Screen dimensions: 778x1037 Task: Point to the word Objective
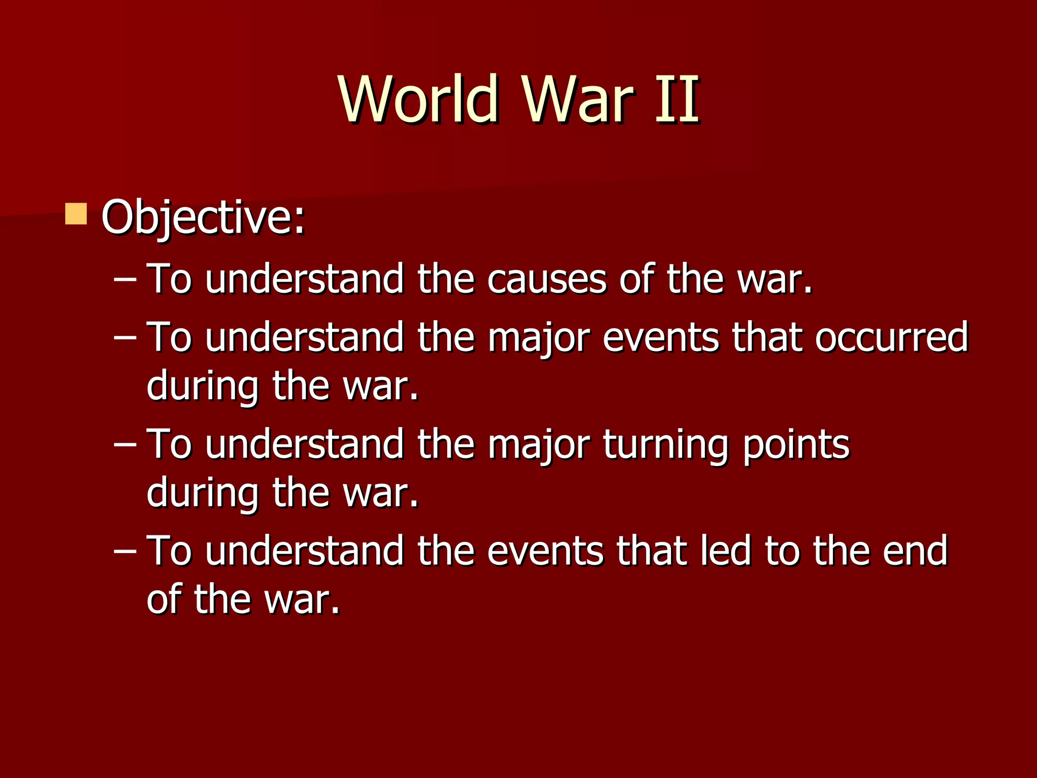pos(203,218)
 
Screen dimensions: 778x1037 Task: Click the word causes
pos(546,279)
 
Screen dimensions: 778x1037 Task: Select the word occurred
pos(891,337)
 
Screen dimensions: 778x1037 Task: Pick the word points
pos(796,445)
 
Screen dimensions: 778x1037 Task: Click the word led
pos(725,551)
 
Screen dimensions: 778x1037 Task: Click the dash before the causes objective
pos(125,280)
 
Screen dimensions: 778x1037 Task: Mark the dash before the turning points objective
pos(125,445)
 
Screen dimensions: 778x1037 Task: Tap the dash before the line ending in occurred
pos(125,338)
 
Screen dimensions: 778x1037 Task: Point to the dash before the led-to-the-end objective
pos(125,552)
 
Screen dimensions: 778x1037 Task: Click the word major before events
pos(539,338)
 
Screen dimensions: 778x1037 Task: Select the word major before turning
pos(539,445)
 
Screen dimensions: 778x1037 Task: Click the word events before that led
pos(545,552)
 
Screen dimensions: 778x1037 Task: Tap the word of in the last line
pos(163,599)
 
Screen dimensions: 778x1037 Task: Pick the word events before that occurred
pos(660,338)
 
